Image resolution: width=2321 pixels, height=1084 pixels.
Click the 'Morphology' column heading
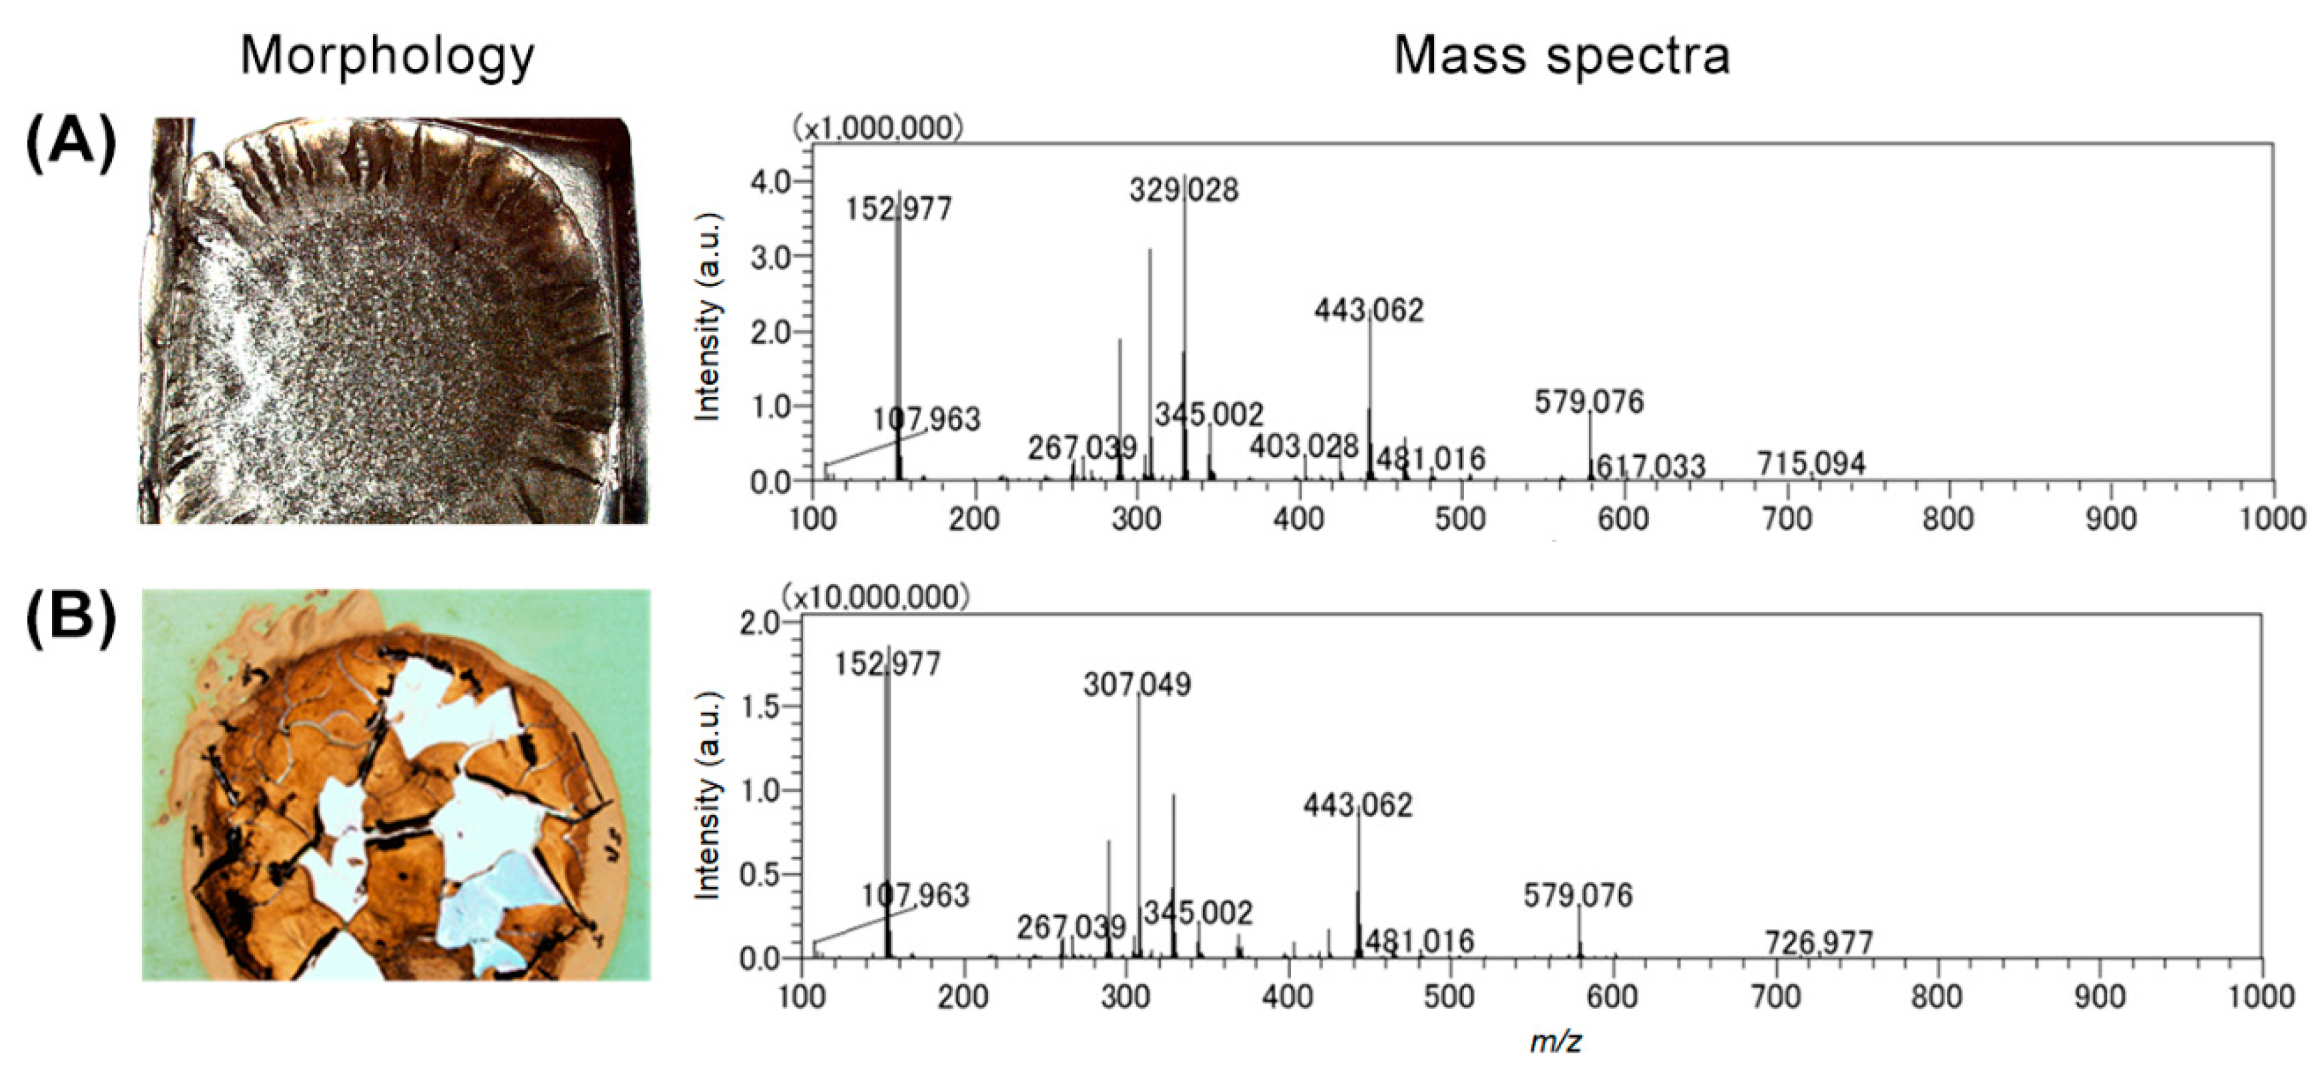click(387, 56)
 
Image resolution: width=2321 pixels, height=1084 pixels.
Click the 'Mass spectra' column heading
click(1562, 56)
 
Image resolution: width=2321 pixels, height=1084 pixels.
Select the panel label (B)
click(71, 620)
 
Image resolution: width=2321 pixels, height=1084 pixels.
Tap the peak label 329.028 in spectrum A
click(1184, 190)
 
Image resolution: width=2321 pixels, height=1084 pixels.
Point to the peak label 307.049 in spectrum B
click(1137, 685)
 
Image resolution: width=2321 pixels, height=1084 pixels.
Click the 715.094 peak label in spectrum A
click(1811, 464)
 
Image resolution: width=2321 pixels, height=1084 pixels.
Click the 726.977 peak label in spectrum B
click(1818, 943)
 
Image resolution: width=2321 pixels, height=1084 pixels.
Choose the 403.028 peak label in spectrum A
click(1304, 446)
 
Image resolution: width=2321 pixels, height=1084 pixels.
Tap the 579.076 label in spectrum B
click(1578, 896)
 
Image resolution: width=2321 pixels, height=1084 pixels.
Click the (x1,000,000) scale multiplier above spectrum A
click(877, 129)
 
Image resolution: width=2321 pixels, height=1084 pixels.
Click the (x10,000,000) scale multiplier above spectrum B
click(876, 596)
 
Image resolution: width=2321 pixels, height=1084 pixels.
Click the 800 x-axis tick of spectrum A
click(1948, 519)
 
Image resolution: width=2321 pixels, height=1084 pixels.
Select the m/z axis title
click(1555, 1042)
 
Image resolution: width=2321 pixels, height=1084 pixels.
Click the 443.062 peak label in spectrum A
click(1369, 311)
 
